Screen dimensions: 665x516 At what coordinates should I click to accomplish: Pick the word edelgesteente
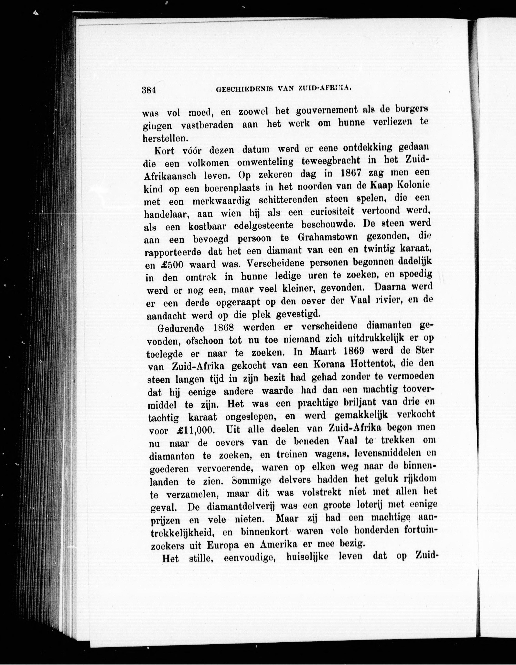point(264,226)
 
